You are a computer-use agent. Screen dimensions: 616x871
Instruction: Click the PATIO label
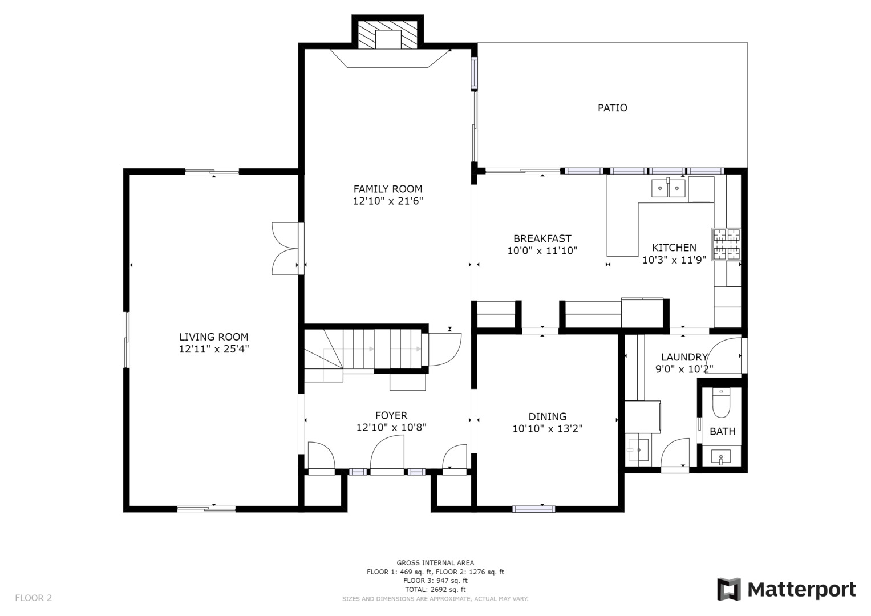[x=612, y=108]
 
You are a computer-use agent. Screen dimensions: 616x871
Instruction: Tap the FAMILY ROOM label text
[x=388, y=189]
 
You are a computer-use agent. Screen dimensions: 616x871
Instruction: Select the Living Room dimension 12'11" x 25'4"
[x=214, y=349]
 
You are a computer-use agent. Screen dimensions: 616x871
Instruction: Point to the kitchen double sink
[x=669, y=188]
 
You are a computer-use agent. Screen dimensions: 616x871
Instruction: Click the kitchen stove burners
[x=726, y=244]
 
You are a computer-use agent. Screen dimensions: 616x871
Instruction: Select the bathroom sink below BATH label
[x=722, y=456]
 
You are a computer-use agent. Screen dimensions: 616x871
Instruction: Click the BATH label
[x=722, y=432]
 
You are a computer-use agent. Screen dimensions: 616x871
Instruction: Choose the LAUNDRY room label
[x=684, y=357]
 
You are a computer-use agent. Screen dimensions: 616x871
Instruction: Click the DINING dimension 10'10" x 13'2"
[x=547, y=429]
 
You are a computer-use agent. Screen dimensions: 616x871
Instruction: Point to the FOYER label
[x=391, y=415]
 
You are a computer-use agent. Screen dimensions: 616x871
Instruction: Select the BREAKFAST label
[x=542, y=238]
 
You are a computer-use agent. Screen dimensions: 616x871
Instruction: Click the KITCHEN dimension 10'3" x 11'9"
[x=674, y=260]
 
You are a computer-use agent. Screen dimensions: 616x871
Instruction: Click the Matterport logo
[x=787, y=589]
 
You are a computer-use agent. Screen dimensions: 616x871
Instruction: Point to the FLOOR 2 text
[x=33, y=598]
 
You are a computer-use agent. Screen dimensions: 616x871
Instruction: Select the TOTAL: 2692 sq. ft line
[x=435, y=589]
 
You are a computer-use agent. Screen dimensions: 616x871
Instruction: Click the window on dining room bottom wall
[x=533, y=509]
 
